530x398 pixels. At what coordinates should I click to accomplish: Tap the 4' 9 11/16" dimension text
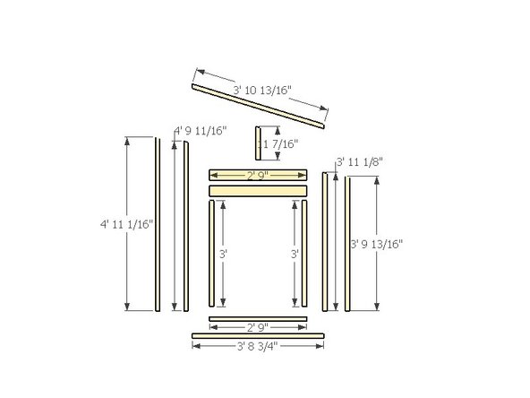point(196,131)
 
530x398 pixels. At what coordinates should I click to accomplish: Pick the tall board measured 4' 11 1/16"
point(157,224)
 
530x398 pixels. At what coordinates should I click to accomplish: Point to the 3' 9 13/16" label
point(377,244)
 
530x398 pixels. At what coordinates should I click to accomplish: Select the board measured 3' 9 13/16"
point(346,244)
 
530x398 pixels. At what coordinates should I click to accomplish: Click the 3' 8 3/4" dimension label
point(257,344)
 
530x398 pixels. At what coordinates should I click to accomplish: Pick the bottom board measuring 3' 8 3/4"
point(258,336)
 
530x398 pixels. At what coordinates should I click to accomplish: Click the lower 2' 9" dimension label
point(258,325)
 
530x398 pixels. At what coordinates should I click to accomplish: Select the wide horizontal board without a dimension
point(258,191)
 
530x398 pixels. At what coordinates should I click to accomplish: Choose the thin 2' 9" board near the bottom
point(258,317)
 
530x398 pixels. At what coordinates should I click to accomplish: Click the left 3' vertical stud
point(211,255)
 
